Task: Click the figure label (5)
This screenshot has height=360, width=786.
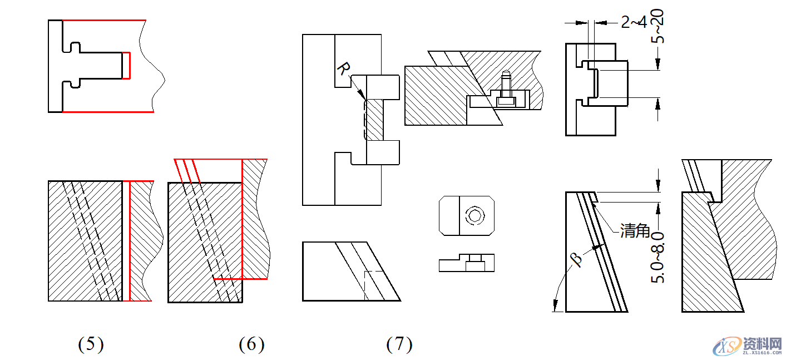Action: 91,345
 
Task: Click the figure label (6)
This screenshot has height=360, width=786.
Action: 251,345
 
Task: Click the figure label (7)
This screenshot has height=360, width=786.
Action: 399,345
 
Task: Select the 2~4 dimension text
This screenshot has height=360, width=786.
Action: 634,22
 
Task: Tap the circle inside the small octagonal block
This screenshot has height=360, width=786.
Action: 474,215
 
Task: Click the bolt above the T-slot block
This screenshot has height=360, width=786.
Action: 505,83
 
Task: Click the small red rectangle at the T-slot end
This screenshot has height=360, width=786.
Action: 126,66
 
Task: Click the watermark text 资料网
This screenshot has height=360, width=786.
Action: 762,343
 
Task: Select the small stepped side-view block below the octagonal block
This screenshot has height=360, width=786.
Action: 467,263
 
